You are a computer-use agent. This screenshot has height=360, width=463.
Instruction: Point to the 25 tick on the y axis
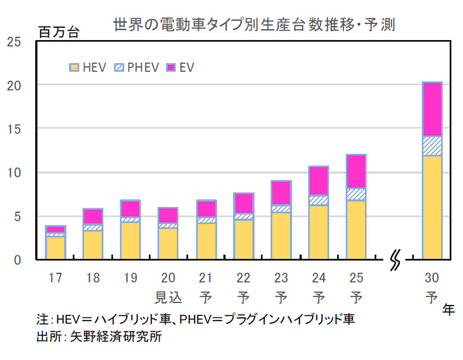coord(14,41)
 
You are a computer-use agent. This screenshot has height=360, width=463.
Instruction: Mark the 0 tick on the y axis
coord(17,260)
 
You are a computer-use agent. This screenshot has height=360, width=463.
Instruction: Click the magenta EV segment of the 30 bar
coord(432,109)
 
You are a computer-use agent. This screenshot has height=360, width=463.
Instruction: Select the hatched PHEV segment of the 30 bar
coord(432,146)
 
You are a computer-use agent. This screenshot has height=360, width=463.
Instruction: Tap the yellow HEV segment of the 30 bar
coord(432,206)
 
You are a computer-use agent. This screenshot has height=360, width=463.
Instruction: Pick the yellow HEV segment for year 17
coord(55,247)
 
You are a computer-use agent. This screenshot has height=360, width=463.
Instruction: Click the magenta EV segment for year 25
coord(356,172)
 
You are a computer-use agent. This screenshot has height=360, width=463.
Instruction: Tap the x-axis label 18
coord(93,278)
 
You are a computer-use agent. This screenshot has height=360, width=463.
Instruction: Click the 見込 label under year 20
coord(168,298)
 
